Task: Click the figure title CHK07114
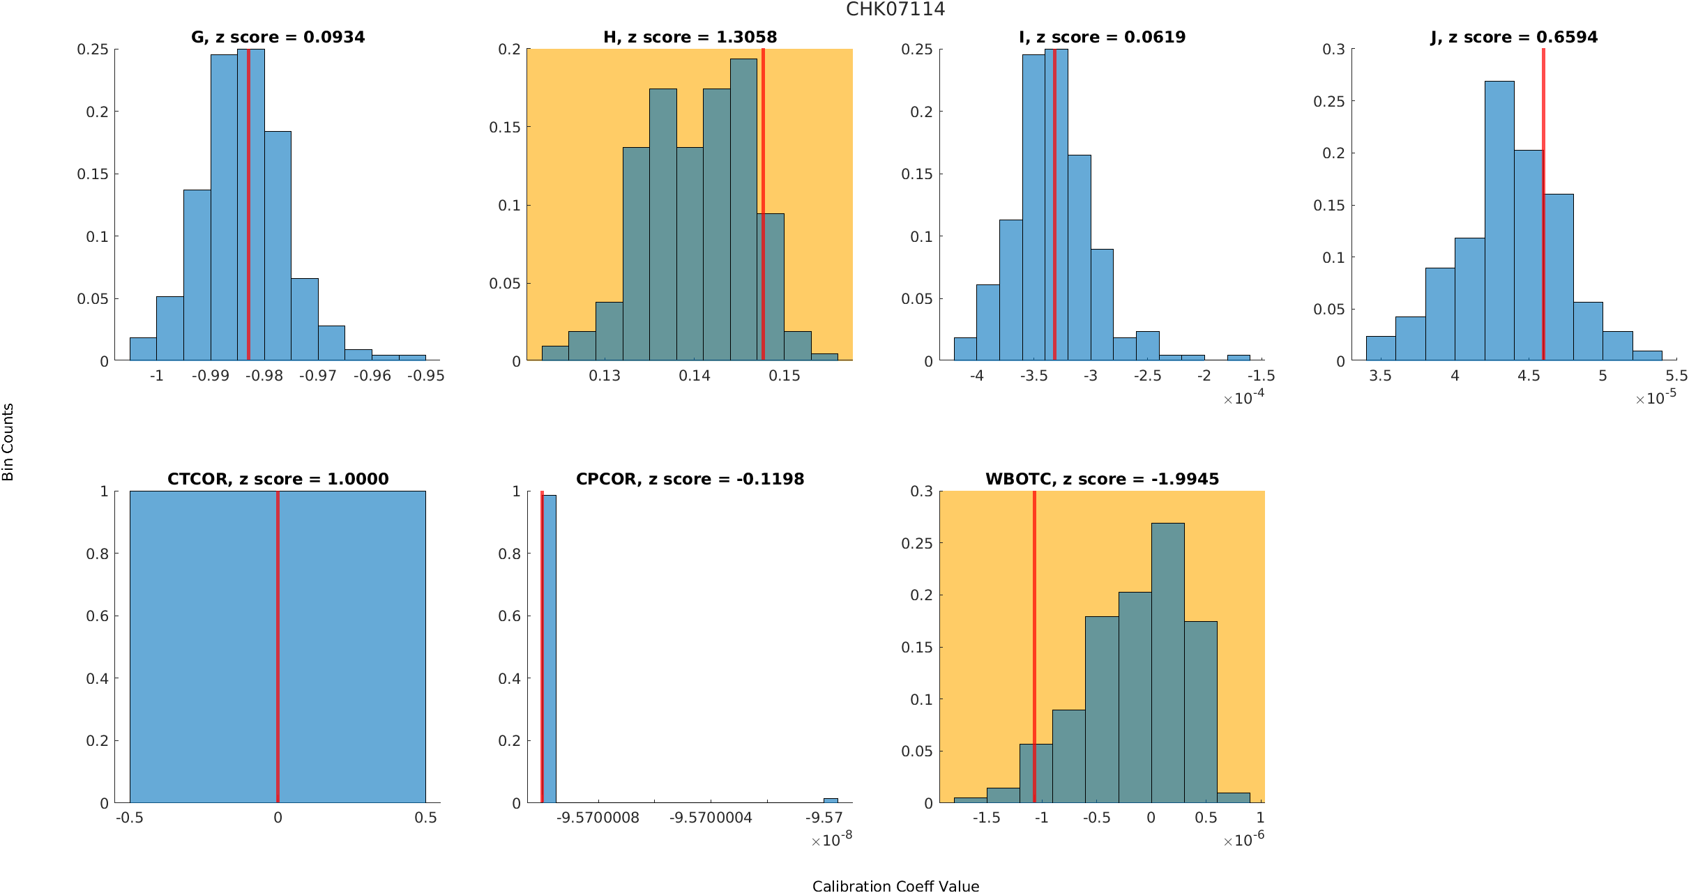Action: [895, 9]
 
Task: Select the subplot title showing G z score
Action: [278, 37]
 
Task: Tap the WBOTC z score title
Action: [1102, 479]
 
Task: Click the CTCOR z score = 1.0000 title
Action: [278, 479]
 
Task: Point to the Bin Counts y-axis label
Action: [8, 442]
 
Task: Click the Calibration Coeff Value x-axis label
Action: [895, 885]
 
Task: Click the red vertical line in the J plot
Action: [1543, 209]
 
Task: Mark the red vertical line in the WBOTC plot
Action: [1034, 648]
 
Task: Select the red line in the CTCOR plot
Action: [278, 648]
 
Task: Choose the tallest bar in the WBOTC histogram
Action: [1167, 662]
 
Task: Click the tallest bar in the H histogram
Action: [743, 209]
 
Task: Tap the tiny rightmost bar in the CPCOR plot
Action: [831, 800]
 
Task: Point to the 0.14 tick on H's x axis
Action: [695, 376]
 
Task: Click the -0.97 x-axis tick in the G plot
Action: [318, 376]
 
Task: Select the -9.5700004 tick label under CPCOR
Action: [711, 818]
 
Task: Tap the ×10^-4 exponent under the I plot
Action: [1243, 398]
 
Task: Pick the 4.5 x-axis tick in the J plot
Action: [1529, 376]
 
